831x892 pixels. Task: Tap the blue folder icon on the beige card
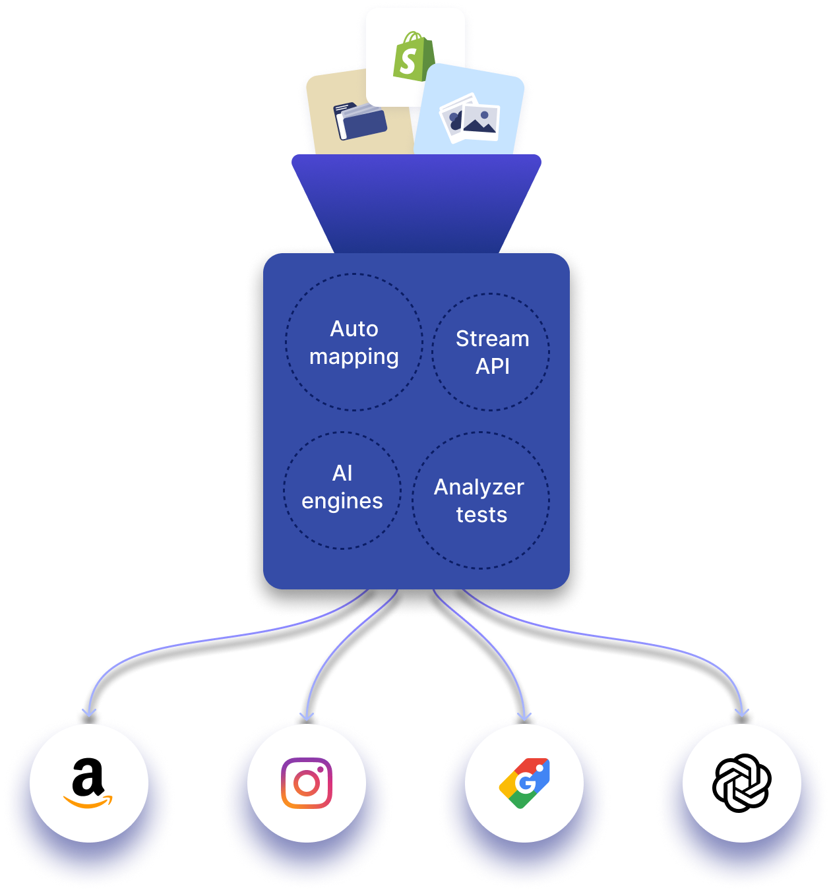pyautogui.click(x=360, y=121)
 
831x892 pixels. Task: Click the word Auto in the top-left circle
pyautogui.click(x=354, y=328)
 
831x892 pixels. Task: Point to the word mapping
pyautogui.click(x=354, y=357)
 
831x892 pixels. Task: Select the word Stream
pyautogui.click(x=492, y=338)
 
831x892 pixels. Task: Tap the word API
pyautogui.click(x=492, y=366)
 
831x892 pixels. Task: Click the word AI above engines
pyautogui.click(x=342, y=473)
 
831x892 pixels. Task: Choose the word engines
pyautogui.click(x=342, y=501)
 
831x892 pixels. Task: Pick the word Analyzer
pyautogui.click(x=479, y=487)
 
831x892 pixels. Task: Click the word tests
pyautogui.click(x=481, y=515)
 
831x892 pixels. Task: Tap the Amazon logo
pyautogui.click(x=88, y=783)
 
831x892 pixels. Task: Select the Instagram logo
pyautogui.click(x=307, y=783)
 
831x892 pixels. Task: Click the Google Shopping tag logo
pyautogui.click(x=524, y=783)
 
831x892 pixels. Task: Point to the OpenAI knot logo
pyautogui.click(x=742, y=783)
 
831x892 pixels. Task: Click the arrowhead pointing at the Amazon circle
pyautogui.click(x=89, y=713)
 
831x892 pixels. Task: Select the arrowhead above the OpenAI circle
pyautogui.click(x=743, y=713)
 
